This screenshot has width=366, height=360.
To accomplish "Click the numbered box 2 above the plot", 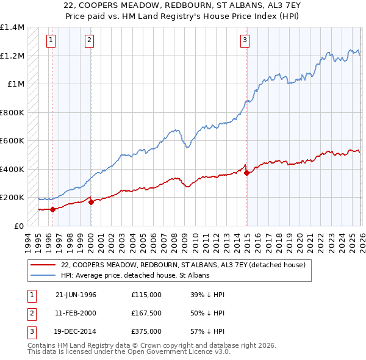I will tap(89, 41).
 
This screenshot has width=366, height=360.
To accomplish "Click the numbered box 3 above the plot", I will tap(244, 41).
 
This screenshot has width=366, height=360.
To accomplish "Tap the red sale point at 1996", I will tap(52, 209).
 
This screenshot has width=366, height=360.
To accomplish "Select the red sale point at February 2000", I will tap(91, 202).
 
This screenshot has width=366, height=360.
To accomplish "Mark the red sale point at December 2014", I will tap(247, 173).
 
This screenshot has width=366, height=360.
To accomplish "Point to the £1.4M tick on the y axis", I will tap(12, 27).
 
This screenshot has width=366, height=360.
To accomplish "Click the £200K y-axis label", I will tap(12, 198).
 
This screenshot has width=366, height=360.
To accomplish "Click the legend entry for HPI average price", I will tap(135, 276).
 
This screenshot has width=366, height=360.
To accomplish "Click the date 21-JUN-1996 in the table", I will tap(76, 295).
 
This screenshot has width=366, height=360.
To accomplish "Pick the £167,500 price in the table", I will tap(146, 313).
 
